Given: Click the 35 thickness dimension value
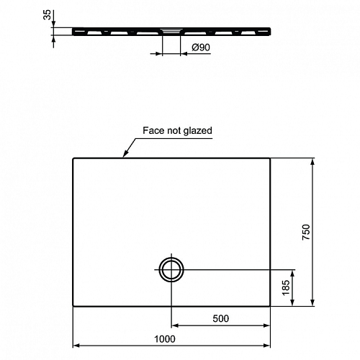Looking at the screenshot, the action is (x=48, y=15).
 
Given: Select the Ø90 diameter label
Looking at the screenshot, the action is (x=201, y=48).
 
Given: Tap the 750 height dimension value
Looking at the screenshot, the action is (x=306, y=232).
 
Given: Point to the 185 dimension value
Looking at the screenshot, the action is (x=286, y=287).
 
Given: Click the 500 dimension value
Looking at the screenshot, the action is (x=221, y=318).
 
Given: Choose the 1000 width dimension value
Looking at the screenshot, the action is (x=165, y=339).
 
